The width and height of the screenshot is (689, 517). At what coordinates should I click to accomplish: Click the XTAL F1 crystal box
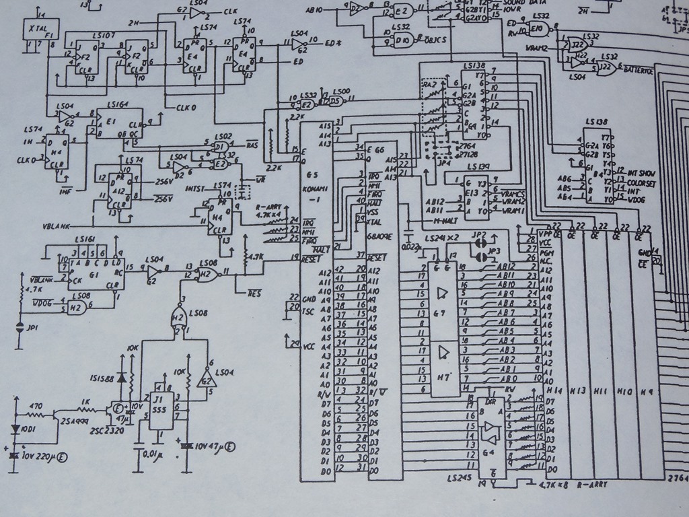(32, 30)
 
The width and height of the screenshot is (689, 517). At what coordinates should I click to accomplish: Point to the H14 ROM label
(554, 391)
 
